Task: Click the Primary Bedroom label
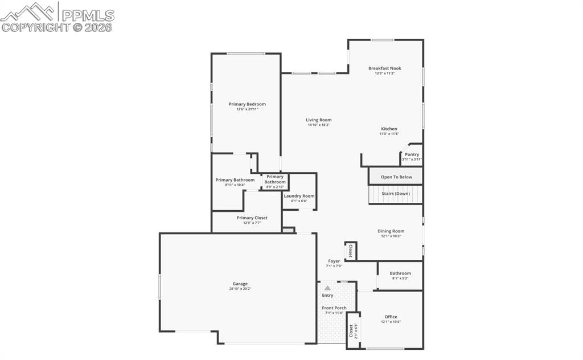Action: coord(247,104)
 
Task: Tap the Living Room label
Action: coord(318,120)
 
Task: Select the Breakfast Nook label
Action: coord(384,68)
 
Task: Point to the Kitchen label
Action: coord(389,129)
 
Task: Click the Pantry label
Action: coord(412,154)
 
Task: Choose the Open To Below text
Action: coord(396,177)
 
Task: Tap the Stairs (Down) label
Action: coord(396,194)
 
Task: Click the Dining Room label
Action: coord(391,231)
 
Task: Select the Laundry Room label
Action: coord(299,196)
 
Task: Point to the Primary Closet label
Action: coord(252,218)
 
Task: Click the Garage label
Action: coord(240,284)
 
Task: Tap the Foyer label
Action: coord(334,261)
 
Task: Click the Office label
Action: coord(391,317)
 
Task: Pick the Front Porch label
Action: coord(334,308)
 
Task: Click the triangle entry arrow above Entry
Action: coord(327,288)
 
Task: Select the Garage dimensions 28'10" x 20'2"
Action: coord(240,289)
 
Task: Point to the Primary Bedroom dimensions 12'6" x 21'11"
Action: coord(247,109)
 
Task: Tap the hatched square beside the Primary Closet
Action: coord(288,231)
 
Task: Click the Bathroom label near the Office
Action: coord(400,273)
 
